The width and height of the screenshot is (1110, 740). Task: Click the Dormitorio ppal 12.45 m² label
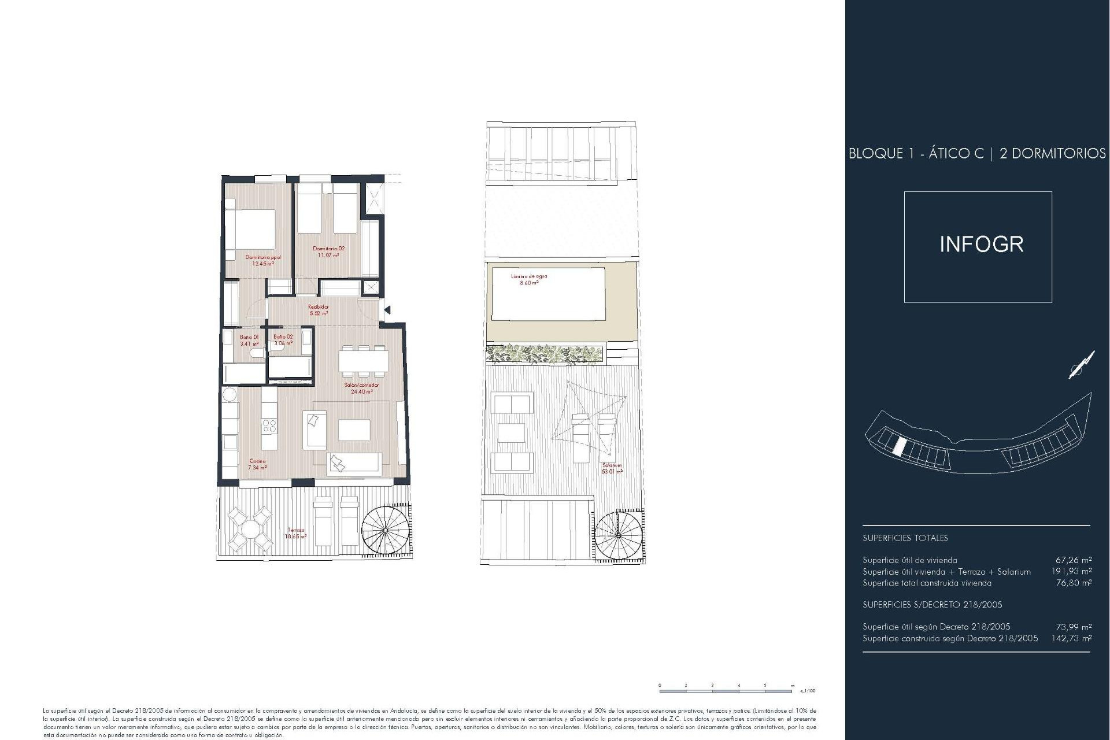coord(263,260)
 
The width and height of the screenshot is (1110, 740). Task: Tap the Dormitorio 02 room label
coord(328,251)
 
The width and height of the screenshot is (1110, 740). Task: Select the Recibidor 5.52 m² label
coord(319,310)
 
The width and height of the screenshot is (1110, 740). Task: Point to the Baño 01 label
coord(250,340)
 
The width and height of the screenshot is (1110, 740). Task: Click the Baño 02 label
coord(283,340)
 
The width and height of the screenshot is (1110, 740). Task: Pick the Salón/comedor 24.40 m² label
coord(361,388)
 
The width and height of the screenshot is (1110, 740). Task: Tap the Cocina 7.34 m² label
coord(257,464)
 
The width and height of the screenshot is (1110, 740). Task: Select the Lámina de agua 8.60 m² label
coord(528,279)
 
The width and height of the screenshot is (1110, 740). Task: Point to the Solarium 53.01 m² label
coord(612,468)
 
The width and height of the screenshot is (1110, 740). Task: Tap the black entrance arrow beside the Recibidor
coord(387,310)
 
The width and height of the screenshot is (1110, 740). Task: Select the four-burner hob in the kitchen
coord(269,426)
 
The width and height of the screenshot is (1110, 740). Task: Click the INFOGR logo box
coord(978,247)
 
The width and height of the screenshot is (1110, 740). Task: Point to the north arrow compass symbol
coord(1081,365)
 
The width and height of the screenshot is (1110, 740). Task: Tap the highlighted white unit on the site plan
coord(900,446)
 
